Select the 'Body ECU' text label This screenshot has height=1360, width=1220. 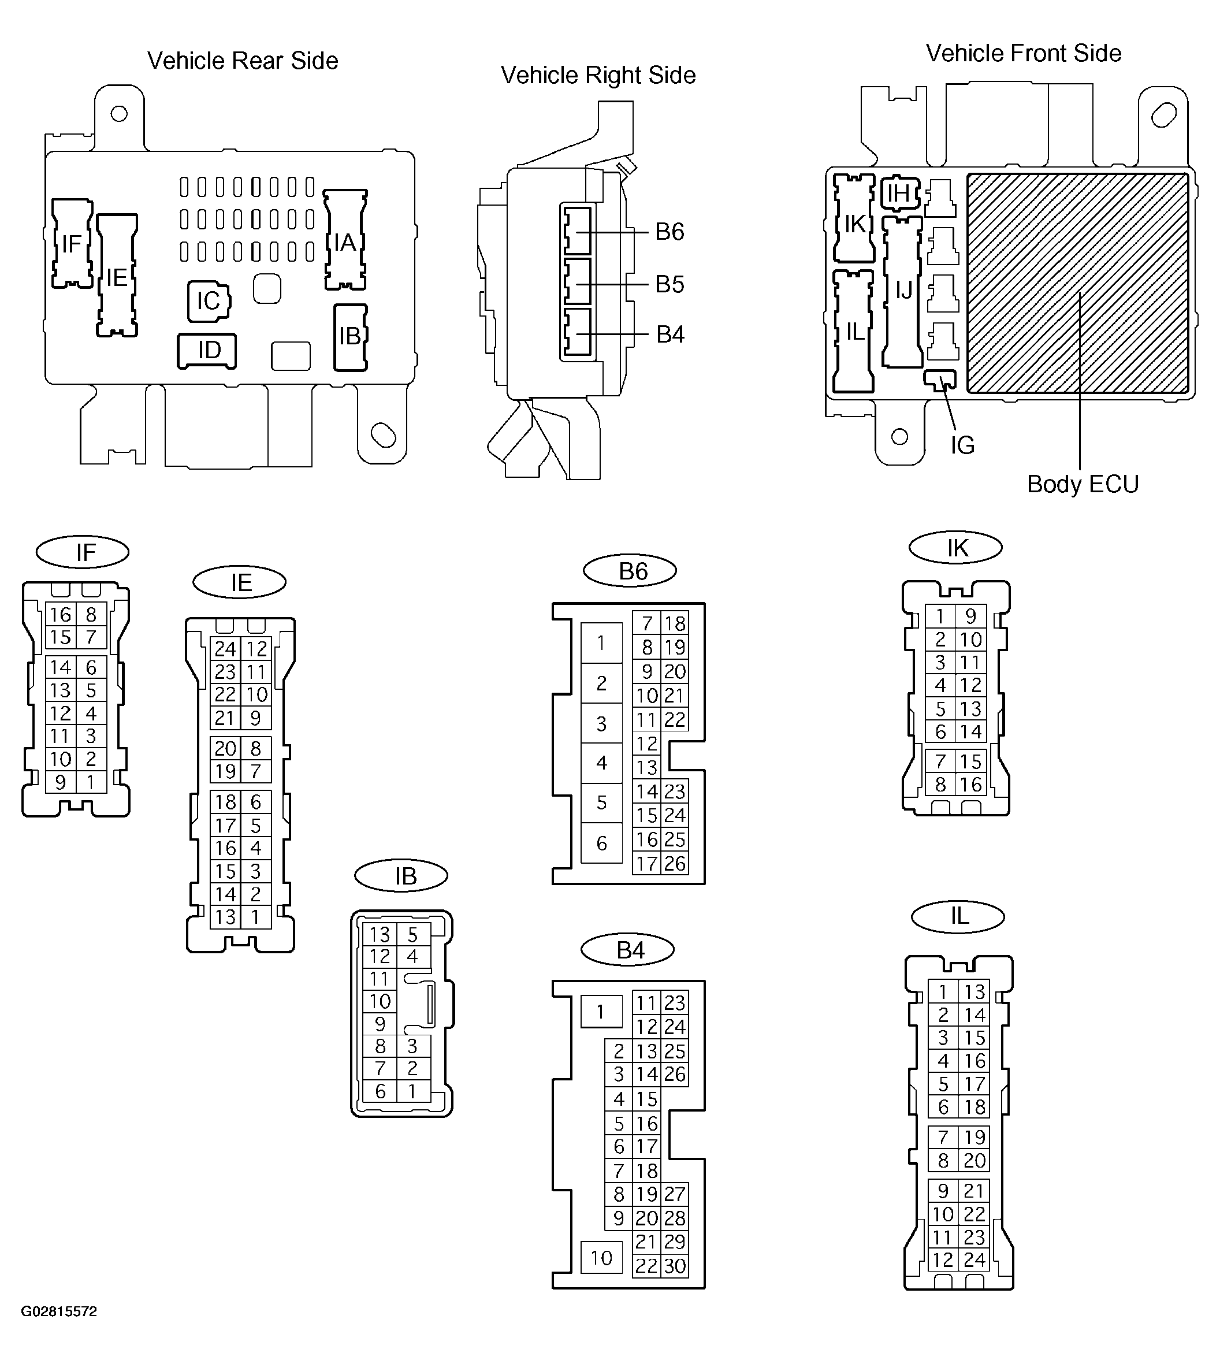(x=1083, y=484)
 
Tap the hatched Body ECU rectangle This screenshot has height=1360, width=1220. (x=1078, y=283)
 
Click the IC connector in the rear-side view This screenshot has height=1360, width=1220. (x=209, y=302)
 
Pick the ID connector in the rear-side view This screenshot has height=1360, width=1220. (x=207, y=351)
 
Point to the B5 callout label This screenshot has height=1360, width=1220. (x=669, y=284)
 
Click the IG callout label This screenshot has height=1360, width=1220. (x=962, y=445)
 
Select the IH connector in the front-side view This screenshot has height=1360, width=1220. (x=899, y=194)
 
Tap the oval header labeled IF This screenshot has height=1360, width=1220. (x=83, y=552)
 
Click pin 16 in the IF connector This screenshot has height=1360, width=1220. (x=60, y=614)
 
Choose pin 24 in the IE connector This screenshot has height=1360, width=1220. (x=225, y=648)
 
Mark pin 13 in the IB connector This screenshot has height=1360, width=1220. (x=380, y=934)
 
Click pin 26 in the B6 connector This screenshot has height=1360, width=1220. (x=674, y=863)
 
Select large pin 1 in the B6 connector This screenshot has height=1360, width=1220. (x=601, y=644)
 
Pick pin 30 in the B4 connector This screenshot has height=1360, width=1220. (x=674, y=1266)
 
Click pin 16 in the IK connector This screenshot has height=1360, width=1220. (x=970, y=784)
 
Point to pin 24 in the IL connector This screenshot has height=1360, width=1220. (x=973, y=1260)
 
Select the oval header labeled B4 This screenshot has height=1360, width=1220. (x=630, y=950)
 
